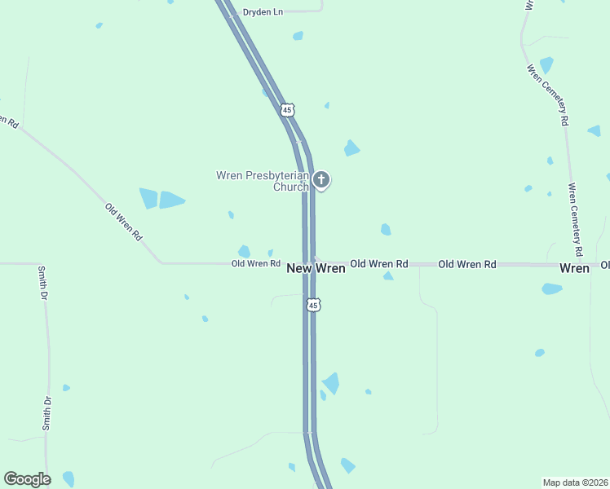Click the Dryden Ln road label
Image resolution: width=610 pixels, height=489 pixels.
[262, 12]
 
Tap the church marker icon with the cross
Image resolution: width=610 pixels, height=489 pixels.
[321, 179]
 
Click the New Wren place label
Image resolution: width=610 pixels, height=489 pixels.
[316, 267]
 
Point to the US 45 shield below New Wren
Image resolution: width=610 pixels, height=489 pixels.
[314, 305]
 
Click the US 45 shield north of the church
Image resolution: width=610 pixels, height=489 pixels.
[285, 108]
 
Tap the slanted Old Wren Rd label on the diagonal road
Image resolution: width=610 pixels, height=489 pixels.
[124, 221]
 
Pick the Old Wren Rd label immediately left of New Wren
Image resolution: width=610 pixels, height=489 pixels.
[255, 264]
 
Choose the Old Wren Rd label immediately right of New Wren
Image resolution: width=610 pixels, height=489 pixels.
[378, 264]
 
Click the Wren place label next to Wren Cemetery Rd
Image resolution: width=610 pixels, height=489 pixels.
[574, 268]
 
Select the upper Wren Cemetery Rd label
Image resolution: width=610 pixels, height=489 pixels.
[547, 95]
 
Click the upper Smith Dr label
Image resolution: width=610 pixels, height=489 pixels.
[42, 284]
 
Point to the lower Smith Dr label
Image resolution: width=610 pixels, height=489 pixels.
[47, 413]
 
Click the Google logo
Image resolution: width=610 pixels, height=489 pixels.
[27, 479]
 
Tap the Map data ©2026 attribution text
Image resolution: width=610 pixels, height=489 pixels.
[576, 482]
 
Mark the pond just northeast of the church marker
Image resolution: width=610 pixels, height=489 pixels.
[351, 148]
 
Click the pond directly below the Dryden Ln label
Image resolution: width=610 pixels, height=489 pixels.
[298, 36]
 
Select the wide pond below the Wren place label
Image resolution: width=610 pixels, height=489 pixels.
[552, 289]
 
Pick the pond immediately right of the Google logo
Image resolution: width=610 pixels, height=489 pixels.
[69, 478]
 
